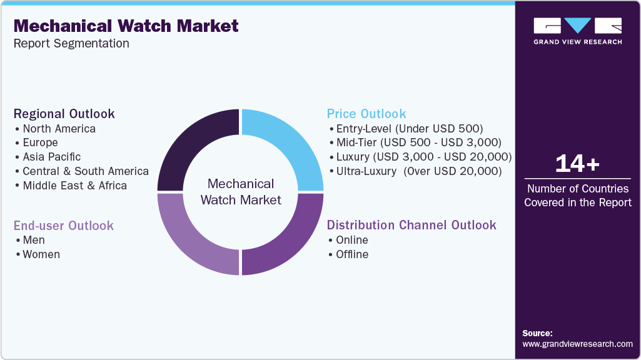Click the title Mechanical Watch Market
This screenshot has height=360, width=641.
(x=126, y=26)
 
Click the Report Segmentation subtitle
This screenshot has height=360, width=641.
(x=71, y=44)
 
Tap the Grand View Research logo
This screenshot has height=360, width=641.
(x=577, y=31)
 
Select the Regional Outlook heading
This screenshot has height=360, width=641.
(x=64, y=114)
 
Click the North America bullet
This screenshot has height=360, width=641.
(x=59, y=129)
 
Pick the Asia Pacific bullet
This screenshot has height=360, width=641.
(x=51, y=157)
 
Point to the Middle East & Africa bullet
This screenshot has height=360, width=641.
(x=74, y=186)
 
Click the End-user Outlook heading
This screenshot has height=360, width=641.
(x=64, y=225)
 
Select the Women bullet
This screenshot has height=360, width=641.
(x=41, y=254)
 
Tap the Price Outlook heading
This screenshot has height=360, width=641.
(x=366, y=114)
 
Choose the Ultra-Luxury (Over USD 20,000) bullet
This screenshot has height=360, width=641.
(x=418, y=171)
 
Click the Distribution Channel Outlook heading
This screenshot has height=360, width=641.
(x=411, y=225)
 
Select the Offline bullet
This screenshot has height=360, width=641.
(x=352, y=254)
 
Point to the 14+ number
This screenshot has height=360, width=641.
(x=577, y=164)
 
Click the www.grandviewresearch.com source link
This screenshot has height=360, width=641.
(x=577, y=344)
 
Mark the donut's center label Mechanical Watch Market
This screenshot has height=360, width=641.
(x=241, y=192)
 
